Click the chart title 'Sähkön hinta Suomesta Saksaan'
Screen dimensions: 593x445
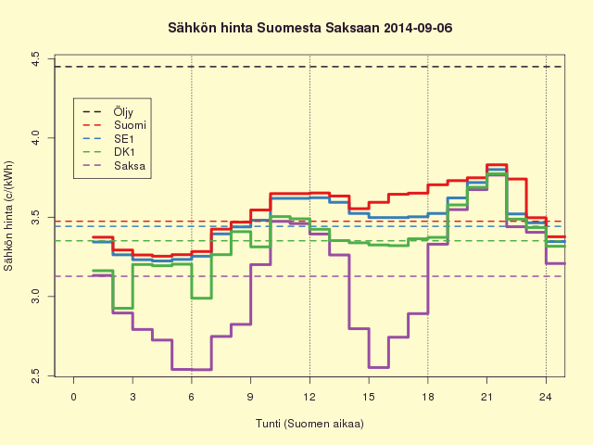coord(273,28)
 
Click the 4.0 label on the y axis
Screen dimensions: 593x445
coord(35,138)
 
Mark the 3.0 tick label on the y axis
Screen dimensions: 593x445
coord(35,297)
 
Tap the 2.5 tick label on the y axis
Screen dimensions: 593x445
coord(35,375)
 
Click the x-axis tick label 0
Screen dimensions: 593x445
coord(73,397)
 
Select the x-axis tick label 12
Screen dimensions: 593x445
coord(309,397)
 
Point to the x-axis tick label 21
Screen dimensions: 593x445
coord(486,397)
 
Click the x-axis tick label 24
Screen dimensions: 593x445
coord(546,397)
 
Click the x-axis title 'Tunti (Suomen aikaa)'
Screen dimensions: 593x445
coord(309,424)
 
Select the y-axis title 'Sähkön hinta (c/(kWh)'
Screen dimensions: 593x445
coord(8,216)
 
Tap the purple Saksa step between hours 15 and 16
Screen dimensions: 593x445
coord(379,367)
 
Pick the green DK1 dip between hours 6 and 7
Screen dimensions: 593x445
coord(201,298)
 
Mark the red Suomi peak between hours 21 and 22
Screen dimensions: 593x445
coord(497,165)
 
